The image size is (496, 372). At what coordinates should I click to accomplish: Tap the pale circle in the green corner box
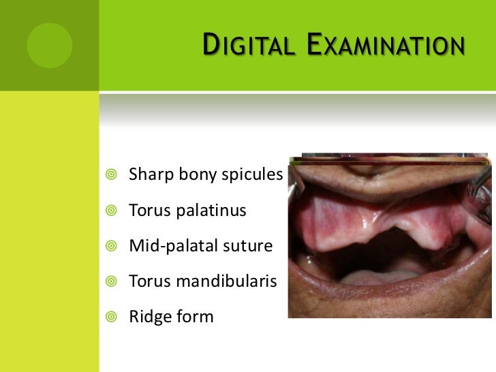coord(49,45)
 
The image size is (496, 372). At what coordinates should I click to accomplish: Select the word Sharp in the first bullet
coord(151,175)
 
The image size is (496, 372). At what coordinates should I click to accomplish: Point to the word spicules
coord(253,175)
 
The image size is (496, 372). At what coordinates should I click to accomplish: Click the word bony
coord(199,175)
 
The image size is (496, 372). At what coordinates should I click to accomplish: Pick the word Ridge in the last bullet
coord(149,317)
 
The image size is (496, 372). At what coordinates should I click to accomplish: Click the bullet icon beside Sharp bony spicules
coord(112,176)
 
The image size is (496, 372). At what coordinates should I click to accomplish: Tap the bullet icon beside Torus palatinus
coord(112,211)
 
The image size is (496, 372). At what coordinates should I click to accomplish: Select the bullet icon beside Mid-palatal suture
coord(112,247)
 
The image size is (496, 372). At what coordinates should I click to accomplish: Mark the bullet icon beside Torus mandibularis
coord(112,282)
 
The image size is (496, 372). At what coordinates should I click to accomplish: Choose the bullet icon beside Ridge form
coord(112,317)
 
